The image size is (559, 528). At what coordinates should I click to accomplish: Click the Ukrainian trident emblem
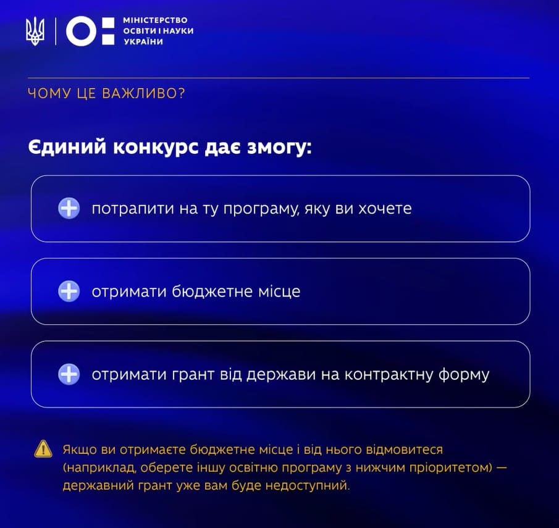pyautogui.click(x=35, y=31)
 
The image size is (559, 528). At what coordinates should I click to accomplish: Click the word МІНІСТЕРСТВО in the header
pyautogui.click(x=155, y=20)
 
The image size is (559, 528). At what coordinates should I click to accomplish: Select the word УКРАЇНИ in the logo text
pyautogui.click(x=143, y=42)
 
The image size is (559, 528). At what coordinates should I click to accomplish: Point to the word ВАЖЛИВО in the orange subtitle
pyautogui.click(x=143, y=93)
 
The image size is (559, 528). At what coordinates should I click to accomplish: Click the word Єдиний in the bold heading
pyautogui.click(x=67, y=147)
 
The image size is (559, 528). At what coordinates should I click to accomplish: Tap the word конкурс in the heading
pyautogui.click(x=156, y=148)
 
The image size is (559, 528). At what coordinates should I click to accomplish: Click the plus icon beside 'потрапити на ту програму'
pyautogui.click(x=69, y=208)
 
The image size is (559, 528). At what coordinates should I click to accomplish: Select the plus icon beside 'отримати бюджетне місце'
pyautogui.click(x=69, y=291)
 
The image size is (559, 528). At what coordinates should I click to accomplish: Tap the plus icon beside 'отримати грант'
pyautogui.click(x=69, y=374)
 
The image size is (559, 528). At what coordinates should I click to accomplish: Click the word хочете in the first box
pyautogui.click(x=385, y=208)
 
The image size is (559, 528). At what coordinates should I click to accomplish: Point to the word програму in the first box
pyautogui.click(x=261, y=209)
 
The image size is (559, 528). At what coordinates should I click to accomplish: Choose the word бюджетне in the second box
pyautogui.click(x=212, y=292)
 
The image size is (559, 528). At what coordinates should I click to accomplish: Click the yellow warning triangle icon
pyautogui.click(x=43, y=449)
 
